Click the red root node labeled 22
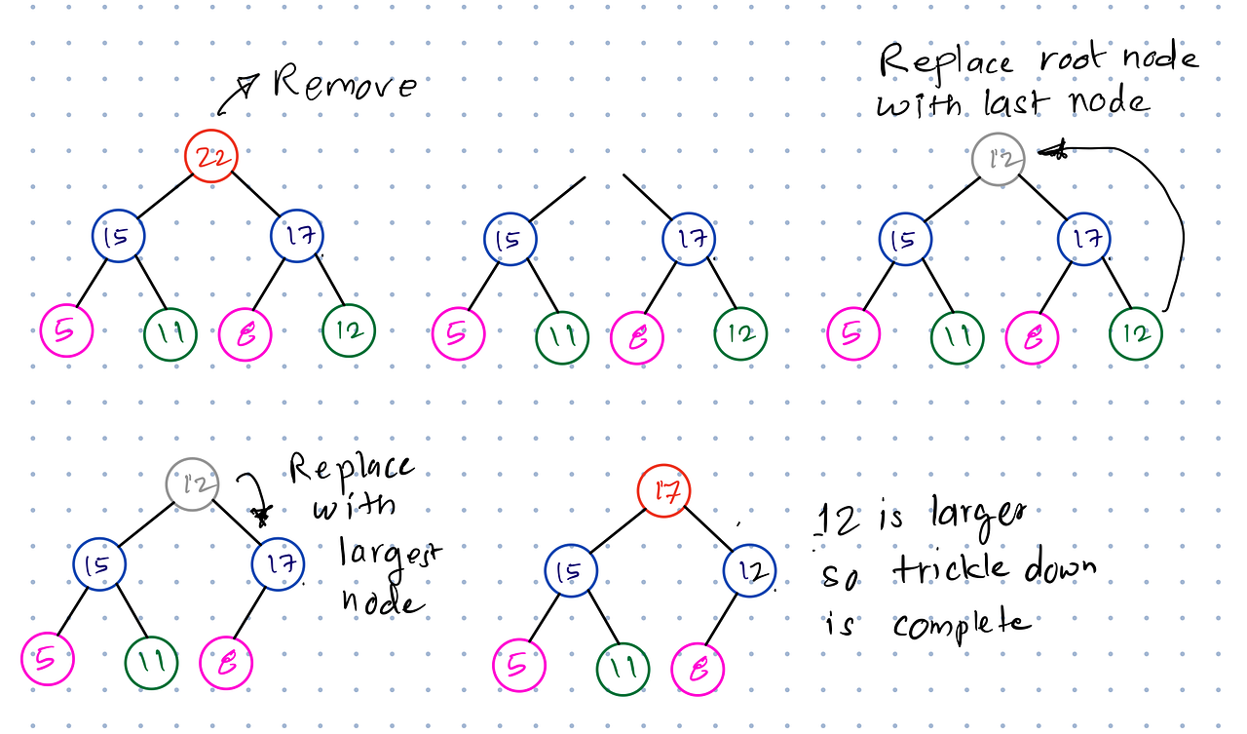tap(210, 156)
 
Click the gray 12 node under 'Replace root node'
tap(998, 159)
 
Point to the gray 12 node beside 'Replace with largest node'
tap(192, 484)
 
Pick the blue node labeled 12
tap(750, 569)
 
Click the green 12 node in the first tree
tap(349, 330)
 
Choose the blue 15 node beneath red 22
tap(119, 236)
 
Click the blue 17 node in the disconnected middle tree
tap(690, 239)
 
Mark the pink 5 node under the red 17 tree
tap(518, 667)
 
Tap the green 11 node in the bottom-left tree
tap(151, 663)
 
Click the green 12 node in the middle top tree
tap(739, 334)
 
